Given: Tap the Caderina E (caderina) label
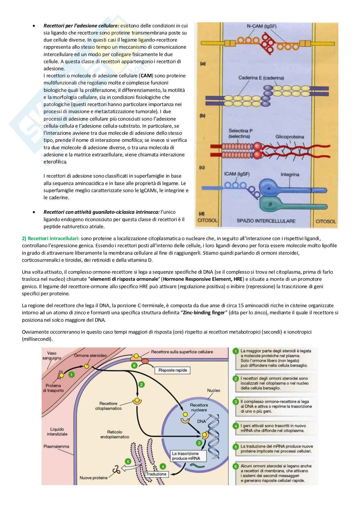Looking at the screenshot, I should pos(261,78).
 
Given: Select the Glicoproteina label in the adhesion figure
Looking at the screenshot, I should pos(289,137).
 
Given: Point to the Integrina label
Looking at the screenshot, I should pos(289,174).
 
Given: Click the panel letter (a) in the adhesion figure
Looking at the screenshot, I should pos(203,64).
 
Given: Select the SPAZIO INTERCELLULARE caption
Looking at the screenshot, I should pos(266,221).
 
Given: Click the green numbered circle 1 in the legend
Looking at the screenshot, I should pos(236,351).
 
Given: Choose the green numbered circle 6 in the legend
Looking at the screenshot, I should pos(236,466).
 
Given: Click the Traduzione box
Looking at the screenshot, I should pos(156,474).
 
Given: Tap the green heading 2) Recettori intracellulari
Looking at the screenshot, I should pos(51,238).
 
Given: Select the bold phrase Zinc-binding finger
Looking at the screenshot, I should pos(204,313).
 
